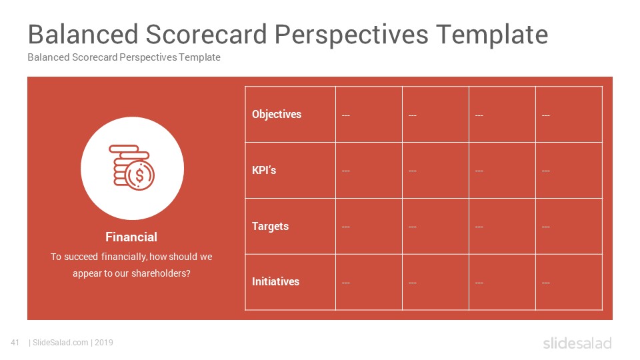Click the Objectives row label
tap(276, 114)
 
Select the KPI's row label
tap(264, 170)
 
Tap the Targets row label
tap(270, 226)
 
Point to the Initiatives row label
tap(275, 281)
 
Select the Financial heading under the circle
tap(131, 237)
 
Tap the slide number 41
tap(15, 343)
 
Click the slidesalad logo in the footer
tap(577, 343)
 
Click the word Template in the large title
tap(492, 34)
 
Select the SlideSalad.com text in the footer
tap(61, 343)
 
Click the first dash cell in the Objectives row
tap(346, 115)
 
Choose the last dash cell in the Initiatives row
tap(546, 283)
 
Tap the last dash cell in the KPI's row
tap(546, 171)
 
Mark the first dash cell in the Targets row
tap(346, 227)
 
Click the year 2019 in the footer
tap(104, 343)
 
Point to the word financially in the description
tap(124, 257)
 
